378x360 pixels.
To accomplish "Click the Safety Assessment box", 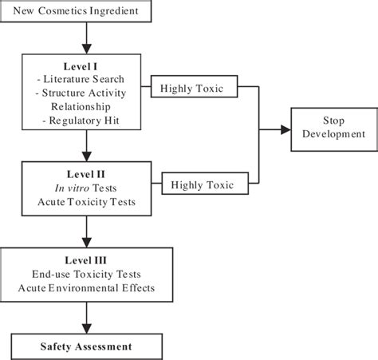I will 86,346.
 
